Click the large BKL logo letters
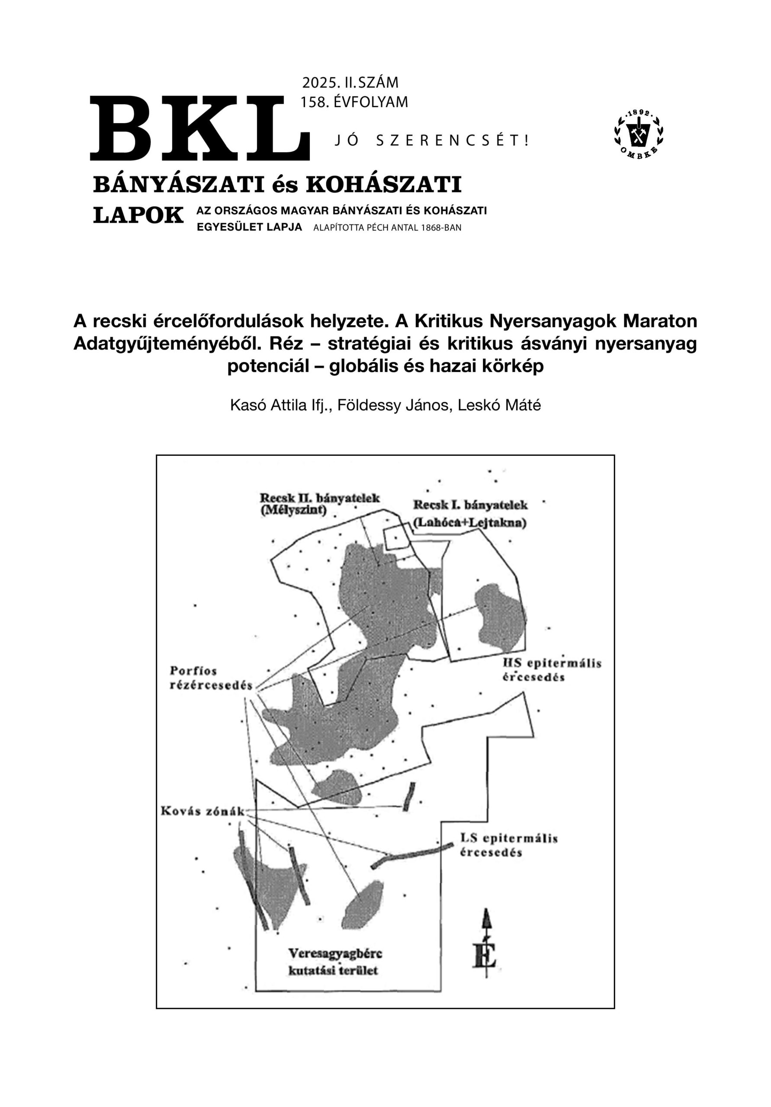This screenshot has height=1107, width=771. click(200, 128)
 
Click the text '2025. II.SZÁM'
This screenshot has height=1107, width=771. click(350, 83)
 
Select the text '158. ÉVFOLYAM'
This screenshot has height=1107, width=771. click(353, 102)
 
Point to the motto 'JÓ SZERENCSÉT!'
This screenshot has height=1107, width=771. click(432, 141)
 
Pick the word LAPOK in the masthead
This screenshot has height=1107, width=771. click(138, 215)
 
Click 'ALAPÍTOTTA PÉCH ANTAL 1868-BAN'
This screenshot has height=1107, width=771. click(387, 228)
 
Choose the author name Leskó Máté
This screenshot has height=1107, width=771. click(499, 406)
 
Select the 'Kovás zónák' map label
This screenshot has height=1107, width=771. click(203, 811)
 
